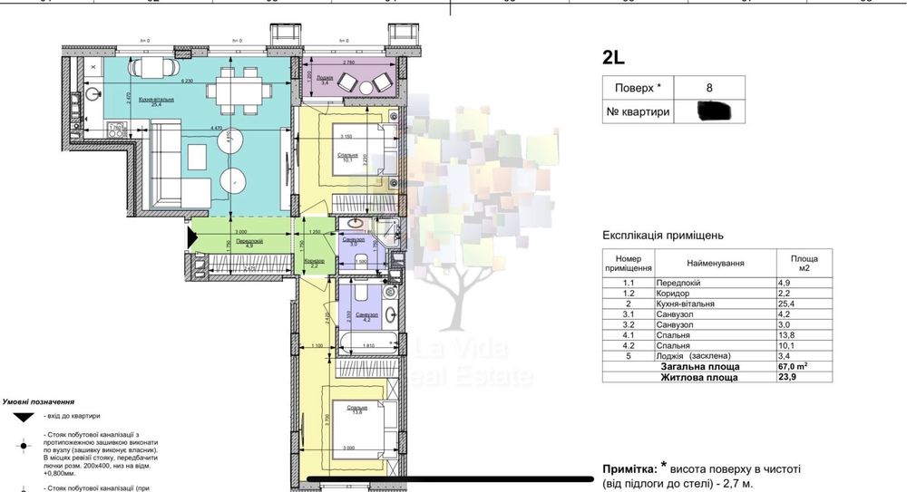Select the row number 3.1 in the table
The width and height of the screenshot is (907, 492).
click(x=628, y=314)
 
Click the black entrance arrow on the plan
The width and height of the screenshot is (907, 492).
click(x=191, y=237)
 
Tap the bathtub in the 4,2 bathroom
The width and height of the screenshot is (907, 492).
click(x=365, y=343)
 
